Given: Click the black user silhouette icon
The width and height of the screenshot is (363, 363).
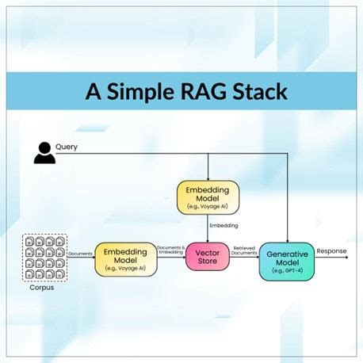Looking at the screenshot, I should point(45,152).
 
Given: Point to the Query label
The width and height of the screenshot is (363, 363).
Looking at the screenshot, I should point(67,147).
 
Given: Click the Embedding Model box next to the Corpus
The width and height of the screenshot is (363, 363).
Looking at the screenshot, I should point(125,259).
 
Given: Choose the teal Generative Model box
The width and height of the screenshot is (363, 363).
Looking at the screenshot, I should point(286,261).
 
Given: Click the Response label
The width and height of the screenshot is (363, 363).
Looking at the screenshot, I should point(332,251).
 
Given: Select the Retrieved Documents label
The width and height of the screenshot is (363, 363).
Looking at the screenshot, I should point(244,251).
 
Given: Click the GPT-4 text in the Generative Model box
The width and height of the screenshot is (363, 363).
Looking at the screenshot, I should point(286,271).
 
